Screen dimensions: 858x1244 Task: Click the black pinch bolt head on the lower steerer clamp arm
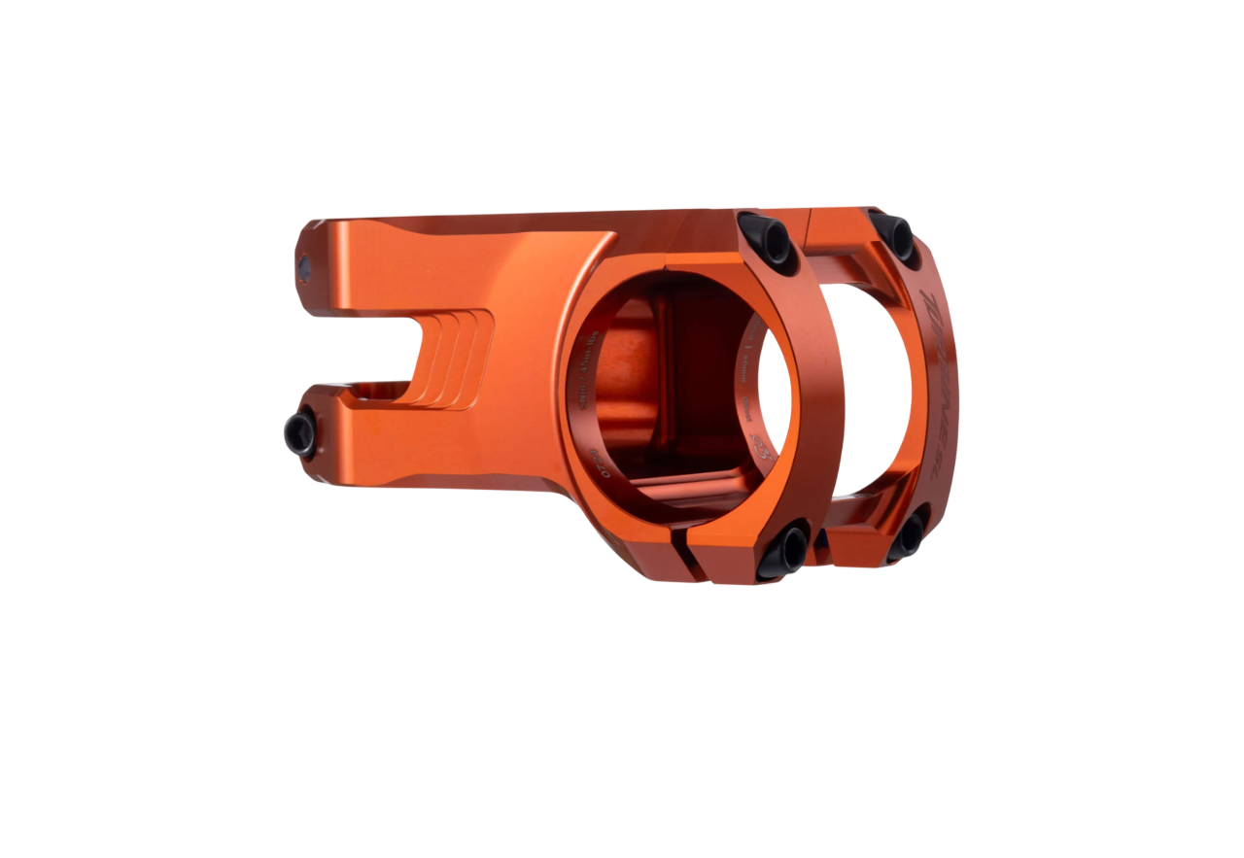(301, 433)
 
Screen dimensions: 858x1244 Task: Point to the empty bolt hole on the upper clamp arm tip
(304, 268)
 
